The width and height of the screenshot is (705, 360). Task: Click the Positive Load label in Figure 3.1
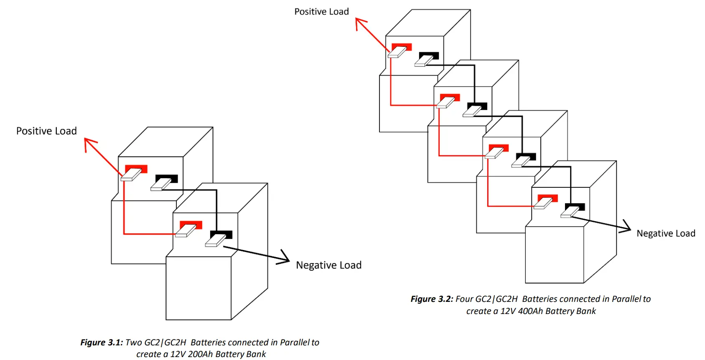[46, 131]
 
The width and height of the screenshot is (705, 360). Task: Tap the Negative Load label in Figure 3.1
[328, 265]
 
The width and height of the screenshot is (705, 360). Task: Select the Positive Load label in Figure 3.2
[321, 12]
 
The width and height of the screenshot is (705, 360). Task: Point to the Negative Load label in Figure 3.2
[666, 233]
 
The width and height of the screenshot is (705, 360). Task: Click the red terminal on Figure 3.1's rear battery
[136, 169]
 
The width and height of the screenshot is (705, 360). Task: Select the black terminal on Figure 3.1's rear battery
[167, 179]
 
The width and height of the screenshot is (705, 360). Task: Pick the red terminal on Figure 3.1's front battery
[191, 225]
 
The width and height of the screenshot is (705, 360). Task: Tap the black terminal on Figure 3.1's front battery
[221, 235]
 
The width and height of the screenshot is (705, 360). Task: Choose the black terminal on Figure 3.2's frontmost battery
[575, 207]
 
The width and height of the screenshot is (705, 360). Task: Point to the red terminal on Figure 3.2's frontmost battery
[547, 199]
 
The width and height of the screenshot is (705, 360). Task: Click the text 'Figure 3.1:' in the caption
[102, 342]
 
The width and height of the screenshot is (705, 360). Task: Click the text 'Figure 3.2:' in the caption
[432, 299]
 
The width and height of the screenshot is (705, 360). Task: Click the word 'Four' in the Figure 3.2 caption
[464, 299]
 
